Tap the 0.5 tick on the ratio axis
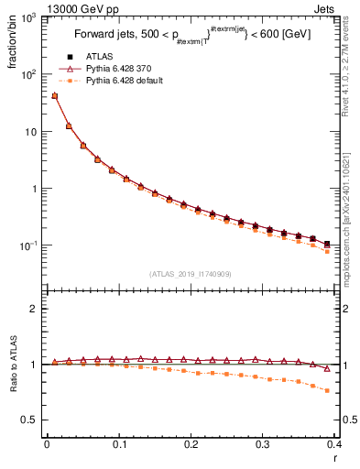click(32, 420)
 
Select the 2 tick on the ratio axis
click(35, 309)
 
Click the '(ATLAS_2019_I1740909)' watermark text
click(191, 274)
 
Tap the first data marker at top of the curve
click(54, 95)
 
